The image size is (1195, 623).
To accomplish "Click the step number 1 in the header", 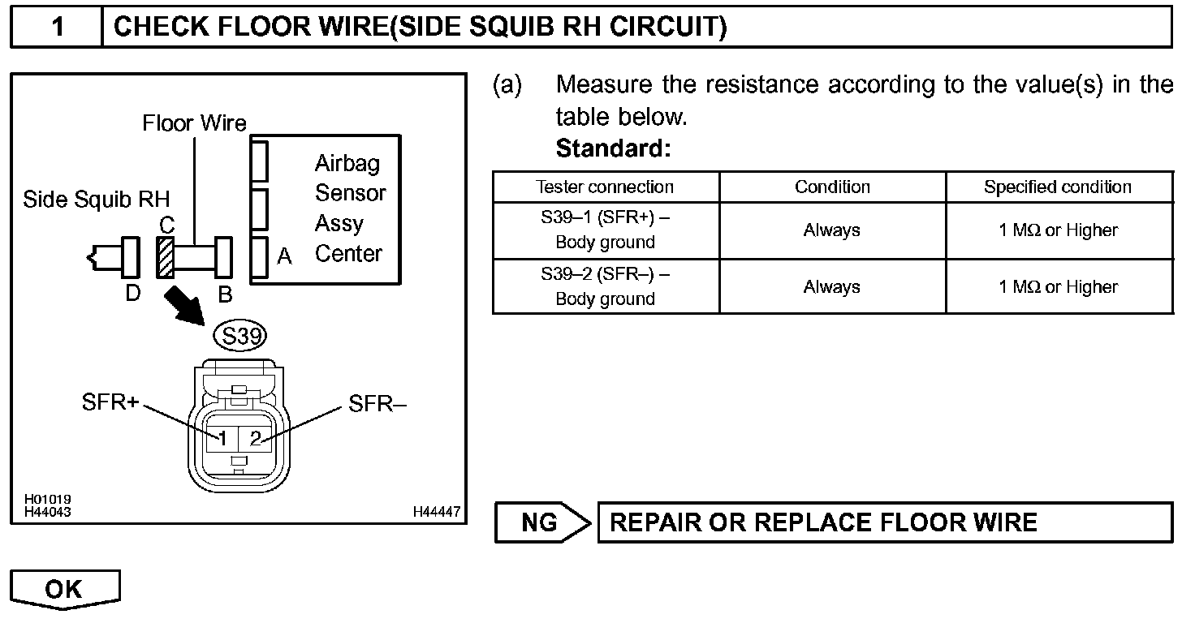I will click(x=58, y=28).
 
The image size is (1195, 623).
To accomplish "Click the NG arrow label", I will click(x=540, y=522).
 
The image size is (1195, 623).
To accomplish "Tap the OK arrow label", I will click(x=63, y=588).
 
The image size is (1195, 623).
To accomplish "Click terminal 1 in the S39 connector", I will click(x=221, y=438).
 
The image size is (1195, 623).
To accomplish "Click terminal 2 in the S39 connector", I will click(x=255, y=438).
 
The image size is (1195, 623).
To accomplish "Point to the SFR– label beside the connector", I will click(x=377, y=403).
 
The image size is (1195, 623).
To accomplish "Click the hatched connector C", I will click(x=166, y=256).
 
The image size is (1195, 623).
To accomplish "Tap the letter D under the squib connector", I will click(x=133, y=293).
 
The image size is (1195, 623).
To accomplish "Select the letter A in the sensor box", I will click(x=284, y=257).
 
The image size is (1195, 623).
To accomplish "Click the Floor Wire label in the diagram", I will click(x=194, y=123).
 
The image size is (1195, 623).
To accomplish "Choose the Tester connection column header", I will click(x=605, y=187).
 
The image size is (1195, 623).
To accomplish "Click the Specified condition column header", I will click(x=1058, y=187).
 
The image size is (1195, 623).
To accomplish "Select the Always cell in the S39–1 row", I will click(x=832, y=230).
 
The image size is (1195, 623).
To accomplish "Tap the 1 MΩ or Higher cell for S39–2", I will click(x=1058, y=287).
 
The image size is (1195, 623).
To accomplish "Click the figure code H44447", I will click(x=436, y=512).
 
